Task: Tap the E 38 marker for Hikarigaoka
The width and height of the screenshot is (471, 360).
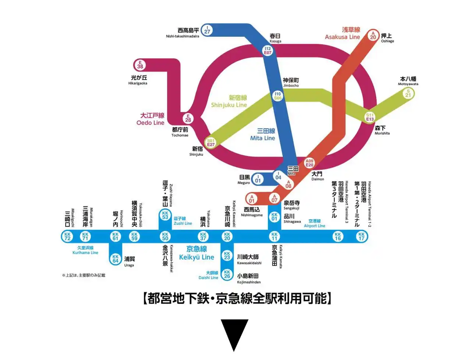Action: [140, 65]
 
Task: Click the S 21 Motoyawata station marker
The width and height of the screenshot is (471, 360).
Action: [408, 93]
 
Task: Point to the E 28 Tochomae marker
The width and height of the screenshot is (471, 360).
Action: [188, 118]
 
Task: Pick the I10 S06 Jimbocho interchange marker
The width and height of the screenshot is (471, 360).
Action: [278, 96]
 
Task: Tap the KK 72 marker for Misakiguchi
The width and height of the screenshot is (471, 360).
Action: [67, 236]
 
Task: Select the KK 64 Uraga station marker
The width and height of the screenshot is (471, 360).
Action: [116, 259]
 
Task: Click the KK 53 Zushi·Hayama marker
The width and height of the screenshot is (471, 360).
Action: [165, 215]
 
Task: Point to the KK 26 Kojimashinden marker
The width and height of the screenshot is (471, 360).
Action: [227, 274]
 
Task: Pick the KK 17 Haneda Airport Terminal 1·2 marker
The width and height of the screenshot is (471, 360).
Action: [361, 236]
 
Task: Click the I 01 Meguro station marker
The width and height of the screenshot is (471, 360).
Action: [258, 179]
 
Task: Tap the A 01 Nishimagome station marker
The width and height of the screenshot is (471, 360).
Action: [252, 199]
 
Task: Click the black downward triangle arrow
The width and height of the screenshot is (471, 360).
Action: [234, 334]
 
